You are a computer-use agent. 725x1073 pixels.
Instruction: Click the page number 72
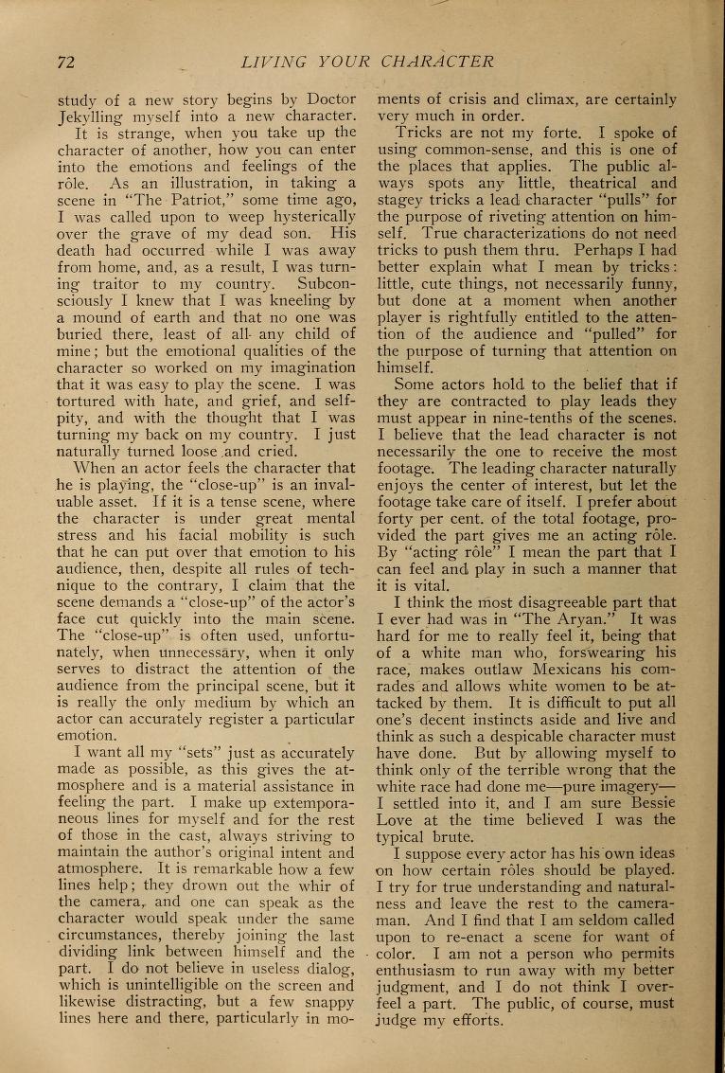[x=65, y=63]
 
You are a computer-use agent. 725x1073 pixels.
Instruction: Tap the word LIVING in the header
[x=274, y=63]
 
